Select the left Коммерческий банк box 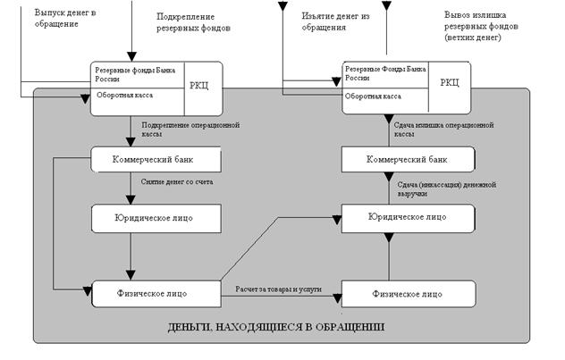tap(155, 161)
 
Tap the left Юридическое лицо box tap(155, 217)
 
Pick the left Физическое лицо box tap(155, 292)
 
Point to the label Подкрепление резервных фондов tap(194, 22)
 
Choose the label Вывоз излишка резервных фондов tap(487, 27)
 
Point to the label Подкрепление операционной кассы tap(190, 131)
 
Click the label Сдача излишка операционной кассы tap(444, 131)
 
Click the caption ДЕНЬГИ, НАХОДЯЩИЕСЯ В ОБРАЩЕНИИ tap(276, 327)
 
